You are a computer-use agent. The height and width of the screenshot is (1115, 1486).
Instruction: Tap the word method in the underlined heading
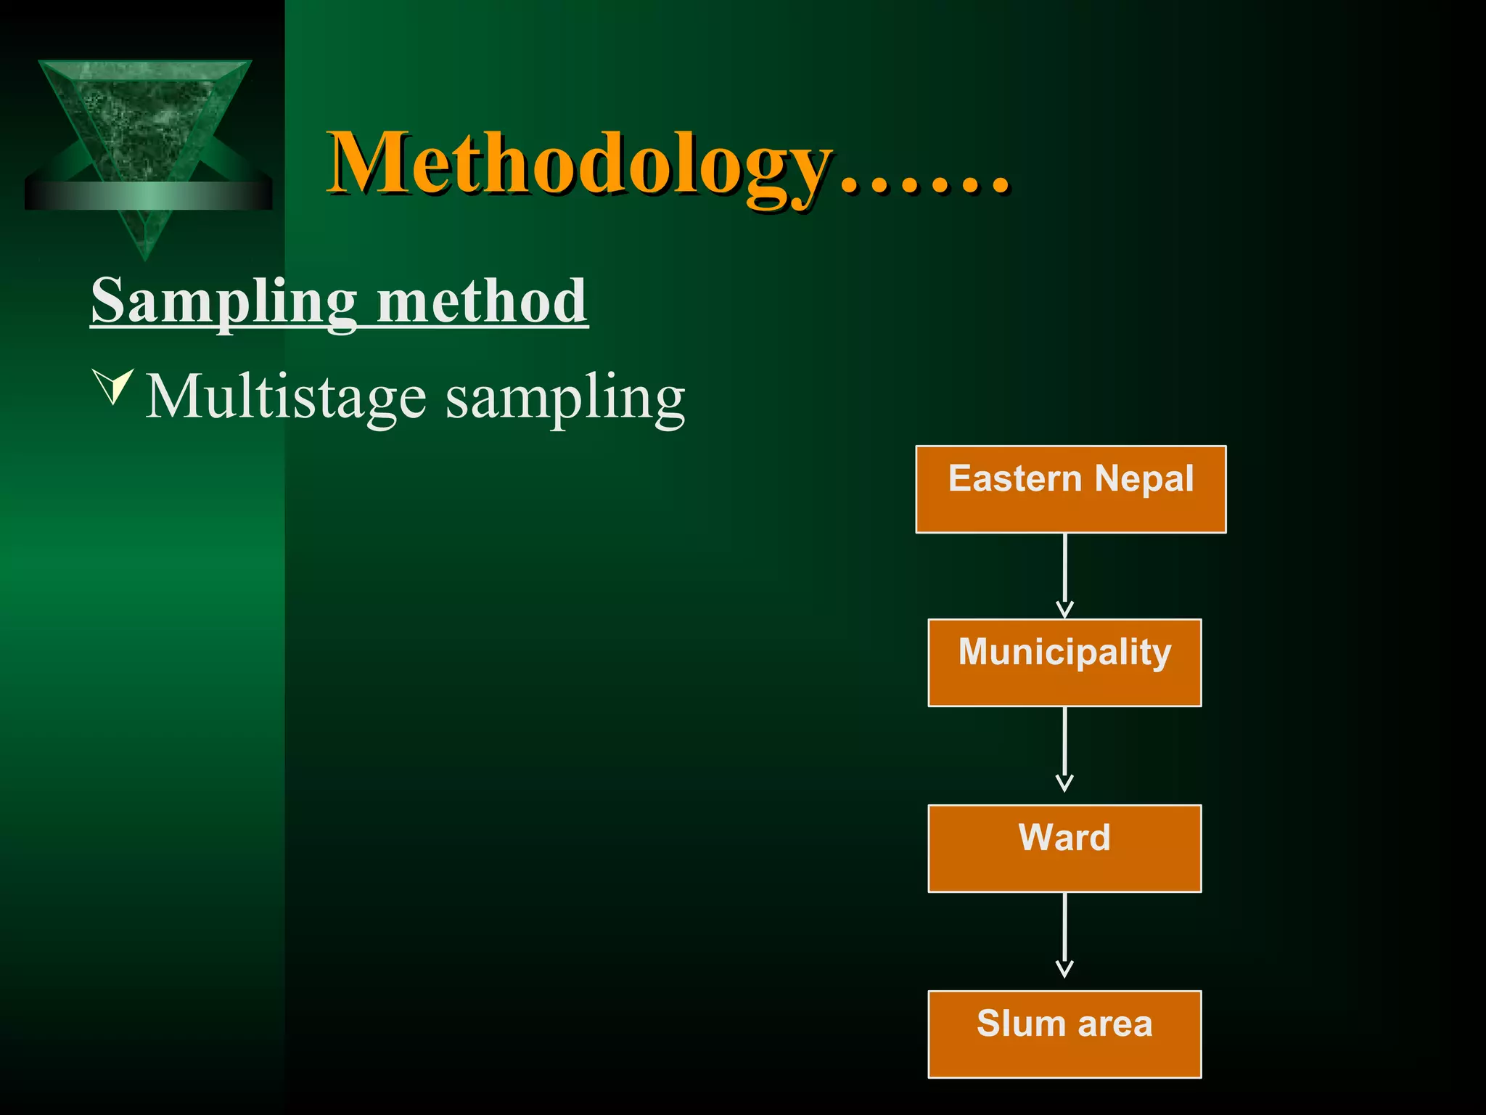tap(482, 301)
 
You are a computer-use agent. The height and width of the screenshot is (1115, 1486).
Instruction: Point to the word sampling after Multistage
tap(565, 398)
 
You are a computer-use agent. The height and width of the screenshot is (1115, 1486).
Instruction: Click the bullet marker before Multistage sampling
tap(113, 385)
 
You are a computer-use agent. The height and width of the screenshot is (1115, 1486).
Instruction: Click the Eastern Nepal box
tap(1070, 489)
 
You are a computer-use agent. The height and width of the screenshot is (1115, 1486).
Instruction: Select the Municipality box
tap(1064, 662)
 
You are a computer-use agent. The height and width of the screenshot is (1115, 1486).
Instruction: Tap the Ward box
tap(1064, 848)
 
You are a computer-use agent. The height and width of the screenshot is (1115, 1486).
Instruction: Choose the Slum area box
tap(1064, 1034)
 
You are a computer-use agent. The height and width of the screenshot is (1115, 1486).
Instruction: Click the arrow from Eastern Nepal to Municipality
tap(1064, 576)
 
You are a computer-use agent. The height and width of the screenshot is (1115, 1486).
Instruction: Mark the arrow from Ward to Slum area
tap(1064, 935)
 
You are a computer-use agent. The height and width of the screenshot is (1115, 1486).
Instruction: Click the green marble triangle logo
tap(145, 123)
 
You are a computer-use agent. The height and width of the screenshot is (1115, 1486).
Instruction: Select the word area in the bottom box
tap(1115, 1024)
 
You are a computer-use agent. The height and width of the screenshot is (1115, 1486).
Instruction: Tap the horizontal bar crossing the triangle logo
tap(149, 196)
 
